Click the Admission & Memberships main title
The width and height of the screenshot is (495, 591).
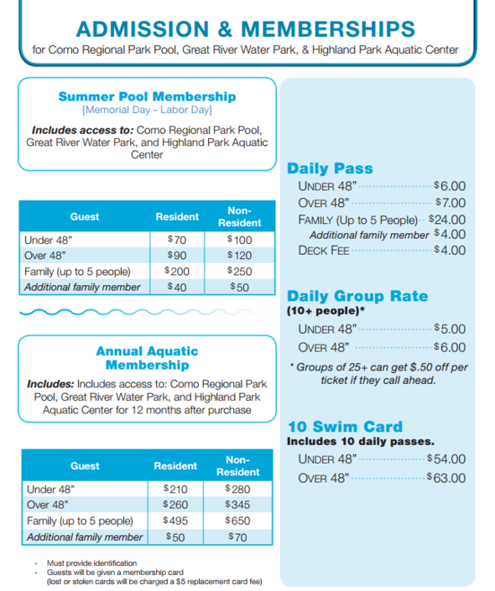246,28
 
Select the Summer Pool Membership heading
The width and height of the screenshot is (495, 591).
147,96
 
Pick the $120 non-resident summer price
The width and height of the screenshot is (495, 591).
240,256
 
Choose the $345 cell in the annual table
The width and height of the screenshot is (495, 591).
238,505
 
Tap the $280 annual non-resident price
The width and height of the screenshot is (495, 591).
238,490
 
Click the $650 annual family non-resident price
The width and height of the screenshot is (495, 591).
238,521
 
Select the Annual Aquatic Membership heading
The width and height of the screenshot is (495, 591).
147,358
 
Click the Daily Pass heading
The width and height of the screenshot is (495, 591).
330,168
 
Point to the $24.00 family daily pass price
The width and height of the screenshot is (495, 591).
446,220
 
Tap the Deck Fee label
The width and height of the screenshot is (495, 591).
324,251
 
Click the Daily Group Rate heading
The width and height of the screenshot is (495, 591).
357,296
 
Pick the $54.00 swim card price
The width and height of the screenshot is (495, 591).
445,459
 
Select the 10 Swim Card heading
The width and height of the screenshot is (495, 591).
345,426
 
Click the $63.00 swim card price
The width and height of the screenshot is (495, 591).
445,478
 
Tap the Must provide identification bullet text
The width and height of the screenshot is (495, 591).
92,562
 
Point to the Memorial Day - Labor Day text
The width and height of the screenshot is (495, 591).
147,110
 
